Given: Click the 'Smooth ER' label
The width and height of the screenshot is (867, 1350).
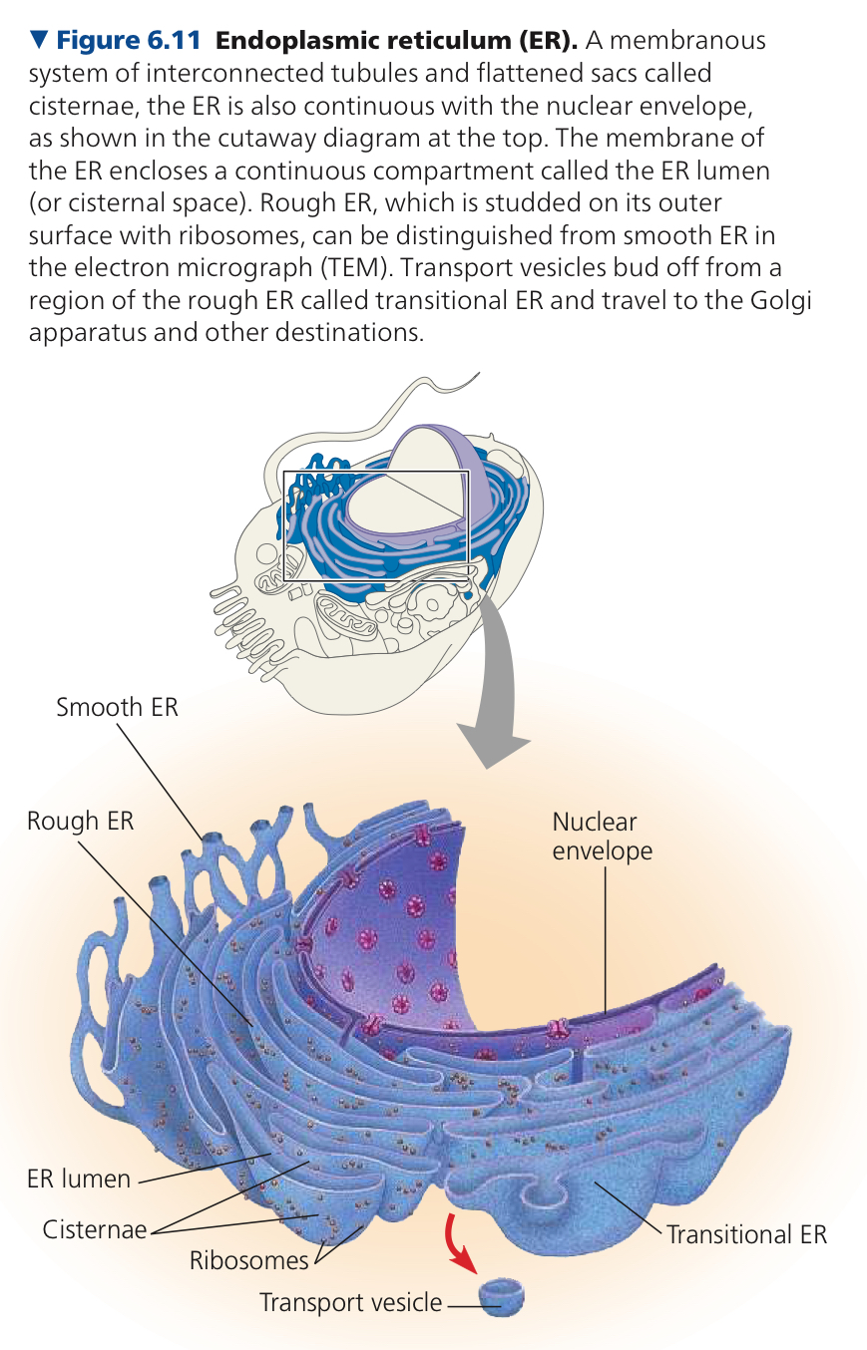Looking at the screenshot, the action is [x=117, y=708].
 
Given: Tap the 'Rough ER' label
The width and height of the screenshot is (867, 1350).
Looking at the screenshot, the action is [x=80, y=821].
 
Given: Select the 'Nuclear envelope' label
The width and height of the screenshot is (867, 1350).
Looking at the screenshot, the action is [x=603, y=836].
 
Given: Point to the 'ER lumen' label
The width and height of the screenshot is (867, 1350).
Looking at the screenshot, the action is [x=79, y=1179].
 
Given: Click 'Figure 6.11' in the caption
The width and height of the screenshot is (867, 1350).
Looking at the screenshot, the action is [x=129, y=40].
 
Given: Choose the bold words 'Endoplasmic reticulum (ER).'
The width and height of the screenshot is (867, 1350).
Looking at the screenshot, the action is [x=397, y=40].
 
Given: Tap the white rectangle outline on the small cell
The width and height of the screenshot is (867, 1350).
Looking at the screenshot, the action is [x=284, y=524].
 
